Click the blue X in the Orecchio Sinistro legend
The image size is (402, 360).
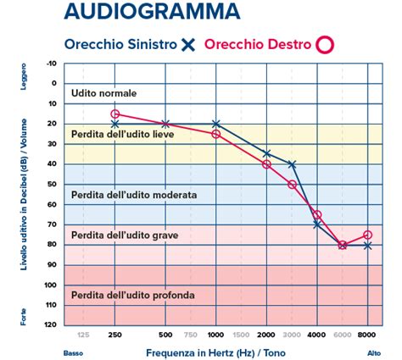point(189,44)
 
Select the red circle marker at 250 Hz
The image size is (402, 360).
point(115,114)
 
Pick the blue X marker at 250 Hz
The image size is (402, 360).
point(115,124)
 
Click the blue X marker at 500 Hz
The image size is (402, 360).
point(165,124)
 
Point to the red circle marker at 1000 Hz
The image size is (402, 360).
point(216,134)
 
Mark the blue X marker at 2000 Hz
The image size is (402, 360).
point(266,154)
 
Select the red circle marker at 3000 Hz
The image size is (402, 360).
point(292,185)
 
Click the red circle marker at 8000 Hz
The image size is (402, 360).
point(367,235)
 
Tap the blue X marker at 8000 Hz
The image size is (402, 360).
point(367,246)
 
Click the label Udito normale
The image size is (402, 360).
point(104,93)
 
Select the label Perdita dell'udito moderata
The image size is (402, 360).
point(134,195)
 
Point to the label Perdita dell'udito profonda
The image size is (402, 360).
point(133,296)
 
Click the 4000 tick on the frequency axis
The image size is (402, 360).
point(316,335)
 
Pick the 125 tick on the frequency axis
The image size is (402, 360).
point(83,335)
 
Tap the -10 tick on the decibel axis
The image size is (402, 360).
point(52,64)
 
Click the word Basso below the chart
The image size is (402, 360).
point(73,352)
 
